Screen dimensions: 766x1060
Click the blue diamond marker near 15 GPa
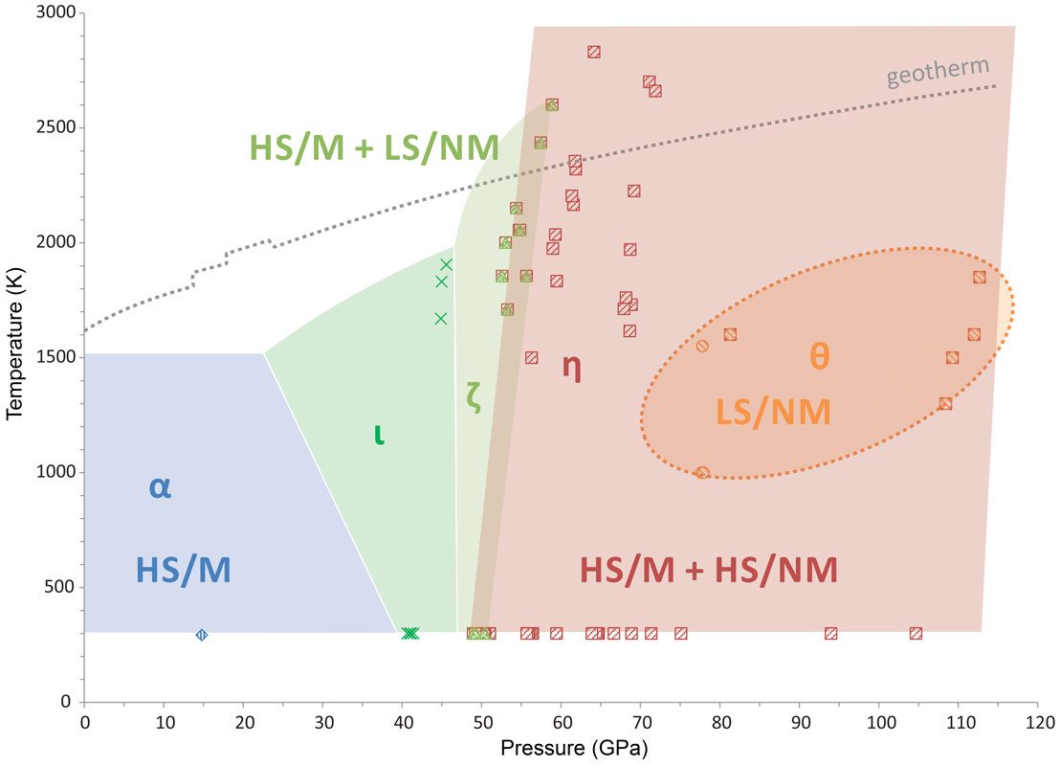[202, 635]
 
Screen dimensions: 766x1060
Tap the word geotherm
[937, 73]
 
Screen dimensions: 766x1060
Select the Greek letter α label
[160, 487]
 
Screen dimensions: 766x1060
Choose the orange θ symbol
[819, 356]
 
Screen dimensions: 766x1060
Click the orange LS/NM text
[773, 412]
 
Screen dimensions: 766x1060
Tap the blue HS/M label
[184, 571]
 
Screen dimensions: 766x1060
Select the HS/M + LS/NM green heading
[374, 147]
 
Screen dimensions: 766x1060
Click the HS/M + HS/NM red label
[709, 571]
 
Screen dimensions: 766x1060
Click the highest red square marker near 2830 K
[594, 52]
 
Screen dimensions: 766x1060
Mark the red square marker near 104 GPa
[916, 633]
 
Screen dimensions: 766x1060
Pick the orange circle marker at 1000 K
[702, 472]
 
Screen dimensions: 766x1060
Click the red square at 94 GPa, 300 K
[830, 633]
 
